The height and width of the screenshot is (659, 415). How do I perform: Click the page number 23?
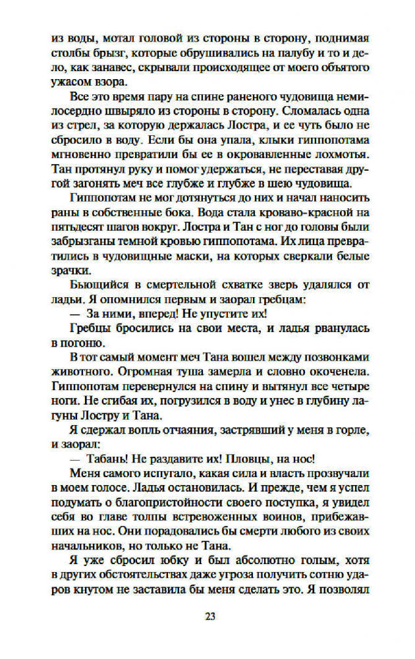pos(209,616)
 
